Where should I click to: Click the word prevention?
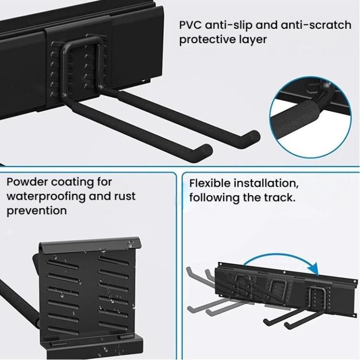(x=37, y=211)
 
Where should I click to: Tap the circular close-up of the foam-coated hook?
(x=311, y=117)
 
